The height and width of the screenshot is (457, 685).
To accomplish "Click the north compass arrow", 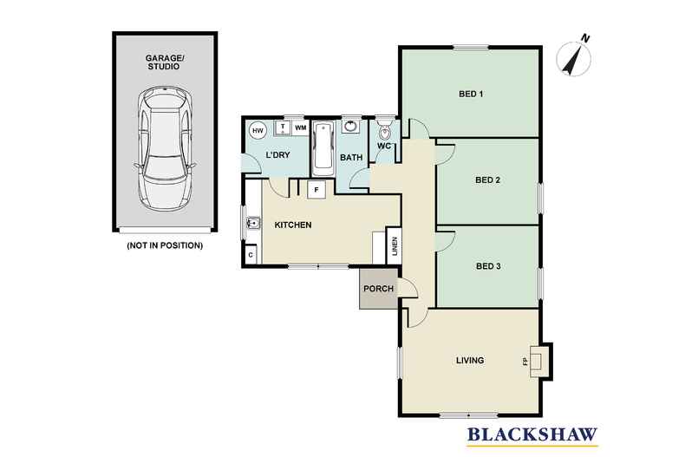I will pyautogui.click(x=573, y=56).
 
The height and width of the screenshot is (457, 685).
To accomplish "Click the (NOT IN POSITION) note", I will pyautogui.click(x=165, y=245).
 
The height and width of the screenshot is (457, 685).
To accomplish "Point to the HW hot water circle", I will pyautogui.click(x=258, y=130).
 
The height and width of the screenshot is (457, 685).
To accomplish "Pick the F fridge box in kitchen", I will pyautogui.click(x=316, y=188).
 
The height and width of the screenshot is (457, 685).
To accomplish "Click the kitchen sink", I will pyautogui.click(x=252, y=225).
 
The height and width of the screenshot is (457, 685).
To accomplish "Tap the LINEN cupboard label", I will pyautogui.click(x=394, y=247).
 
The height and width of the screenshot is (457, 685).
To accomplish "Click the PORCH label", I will pyautogui.click(x=378, y=289).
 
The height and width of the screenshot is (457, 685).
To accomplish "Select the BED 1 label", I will pyautogui.click(x=469, y=94).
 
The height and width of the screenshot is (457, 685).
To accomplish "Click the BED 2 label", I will pyautogui.click(x=488, y=180).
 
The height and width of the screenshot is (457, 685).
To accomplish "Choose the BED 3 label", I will pyautogui.click(x=488, y=266).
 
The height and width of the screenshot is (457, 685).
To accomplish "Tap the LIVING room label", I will pyautogui.click(x=470, y=360).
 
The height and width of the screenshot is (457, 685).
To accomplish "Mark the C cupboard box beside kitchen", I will pyautogui.click(x=251, y=255).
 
